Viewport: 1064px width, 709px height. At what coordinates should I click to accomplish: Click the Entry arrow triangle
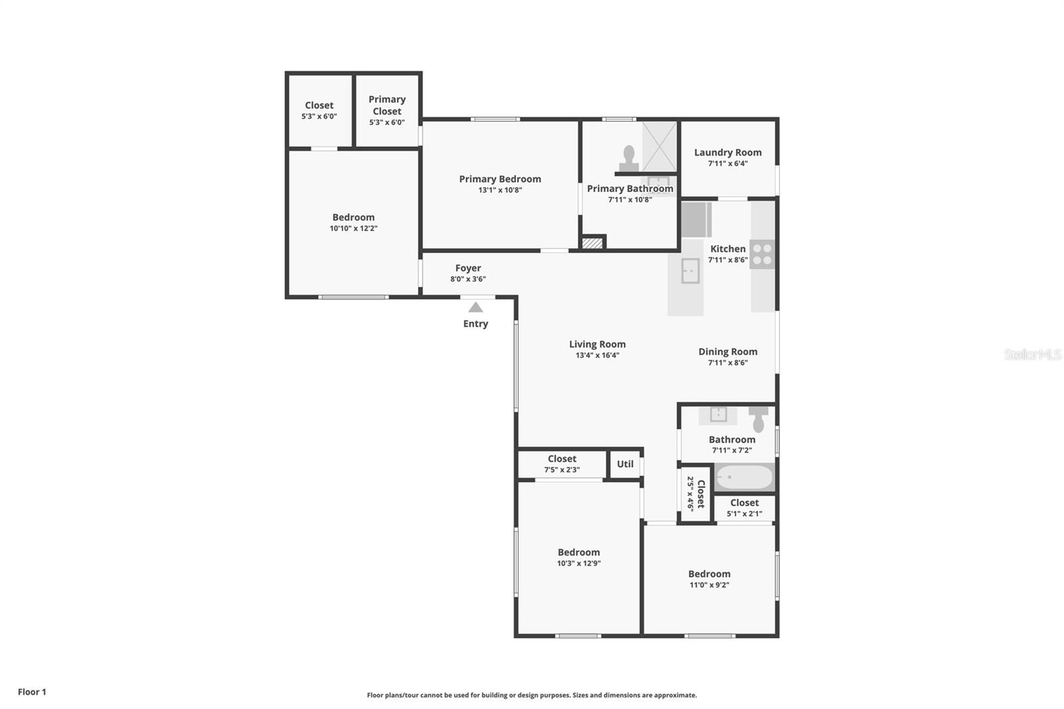point(475,307)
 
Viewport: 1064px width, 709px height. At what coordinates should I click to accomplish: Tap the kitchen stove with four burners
point(762,254)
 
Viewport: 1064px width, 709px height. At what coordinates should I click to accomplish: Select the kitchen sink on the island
point(690,271)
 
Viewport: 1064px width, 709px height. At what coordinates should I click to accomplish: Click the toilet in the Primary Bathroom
point(629,159)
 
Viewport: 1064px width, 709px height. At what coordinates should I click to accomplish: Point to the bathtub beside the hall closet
point(744,477)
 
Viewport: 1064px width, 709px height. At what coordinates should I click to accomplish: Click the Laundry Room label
point(728,152)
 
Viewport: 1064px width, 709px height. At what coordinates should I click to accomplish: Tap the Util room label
point(625,464)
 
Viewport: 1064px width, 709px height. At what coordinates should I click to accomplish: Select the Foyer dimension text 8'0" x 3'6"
point(468,279)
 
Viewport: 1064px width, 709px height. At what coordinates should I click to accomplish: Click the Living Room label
point(597,344)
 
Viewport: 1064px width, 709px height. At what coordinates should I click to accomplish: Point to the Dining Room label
point(728,352)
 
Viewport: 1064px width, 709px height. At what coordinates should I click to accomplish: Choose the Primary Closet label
point(387,105)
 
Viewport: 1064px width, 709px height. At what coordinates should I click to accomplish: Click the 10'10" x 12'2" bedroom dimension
point(353,228)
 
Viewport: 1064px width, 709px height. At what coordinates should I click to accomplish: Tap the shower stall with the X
point(659,146)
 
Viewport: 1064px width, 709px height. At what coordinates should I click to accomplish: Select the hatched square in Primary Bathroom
point(593,243)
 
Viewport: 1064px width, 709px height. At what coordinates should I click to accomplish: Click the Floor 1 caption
point(32,692)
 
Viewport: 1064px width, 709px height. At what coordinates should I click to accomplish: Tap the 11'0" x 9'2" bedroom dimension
point(709,585)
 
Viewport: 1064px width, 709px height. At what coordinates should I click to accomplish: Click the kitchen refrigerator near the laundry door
point(696,219)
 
